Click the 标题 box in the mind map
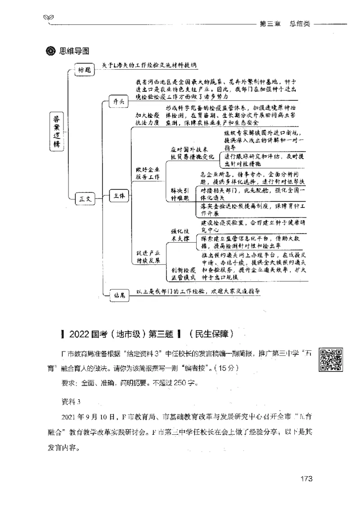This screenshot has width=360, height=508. coord(85,70)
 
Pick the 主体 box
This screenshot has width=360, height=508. coord(118,195)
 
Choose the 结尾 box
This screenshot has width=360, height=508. coord(119,294)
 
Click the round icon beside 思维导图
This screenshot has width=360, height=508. coord(50,51)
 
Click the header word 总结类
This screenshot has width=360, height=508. coord(300,24)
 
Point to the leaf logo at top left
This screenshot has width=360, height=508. coord(48,18)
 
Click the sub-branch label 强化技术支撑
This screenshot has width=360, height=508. coord(182,233)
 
